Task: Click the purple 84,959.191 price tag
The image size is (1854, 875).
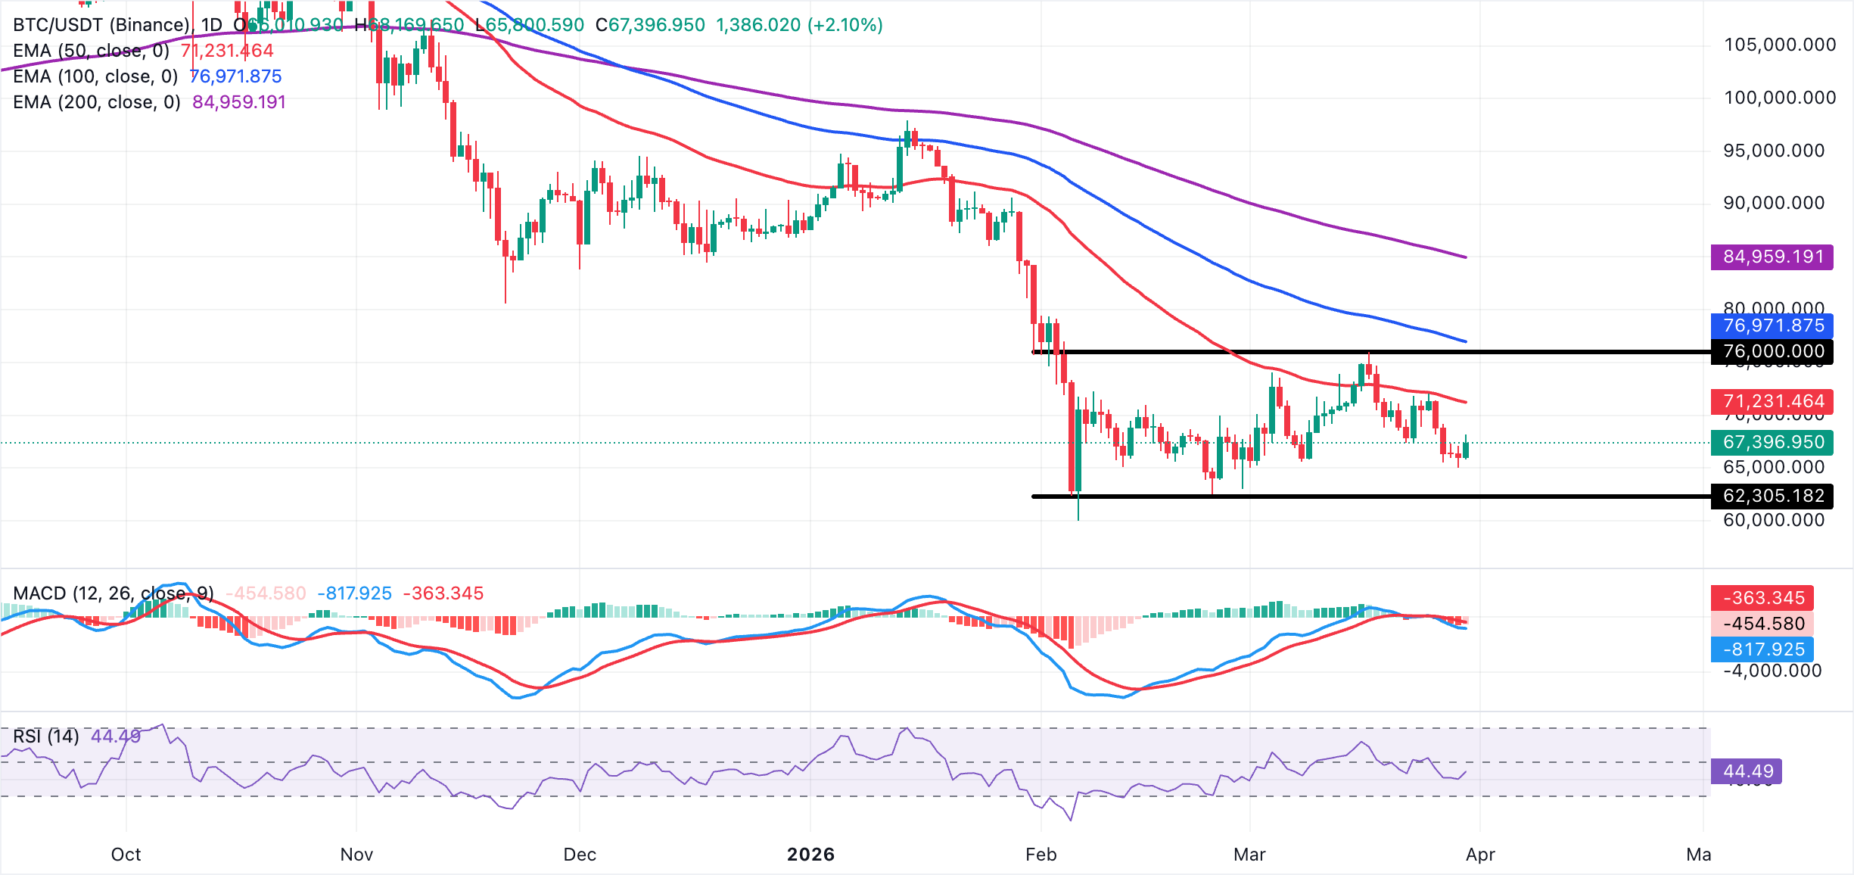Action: [1772, 257]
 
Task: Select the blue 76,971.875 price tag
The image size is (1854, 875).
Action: [1772, 326]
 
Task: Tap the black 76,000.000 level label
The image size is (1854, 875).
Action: [1772, 352]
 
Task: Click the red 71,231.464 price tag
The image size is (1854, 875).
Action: [1772, 401]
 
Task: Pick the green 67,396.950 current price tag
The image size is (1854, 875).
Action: [1772, 442]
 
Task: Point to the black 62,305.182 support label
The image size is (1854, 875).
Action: [1772, 497]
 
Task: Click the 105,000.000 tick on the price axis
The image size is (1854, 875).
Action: [1779, 45]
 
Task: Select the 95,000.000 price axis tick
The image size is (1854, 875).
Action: [1773, 151]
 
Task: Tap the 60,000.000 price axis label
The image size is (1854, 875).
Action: [1773, 521]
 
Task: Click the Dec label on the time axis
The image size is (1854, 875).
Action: [580, 855]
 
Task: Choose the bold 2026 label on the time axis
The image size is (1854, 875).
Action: [810, 855]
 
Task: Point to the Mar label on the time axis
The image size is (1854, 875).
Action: [1249, 855]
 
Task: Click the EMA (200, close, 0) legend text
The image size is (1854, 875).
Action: [97, 102]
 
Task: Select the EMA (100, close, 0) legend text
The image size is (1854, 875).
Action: [95, 76]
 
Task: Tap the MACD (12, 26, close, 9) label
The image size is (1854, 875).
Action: [114, 593]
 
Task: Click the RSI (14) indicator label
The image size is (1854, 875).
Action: [46, 736]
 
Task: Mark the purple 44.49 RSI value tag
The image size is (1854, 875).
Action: [1747, 771]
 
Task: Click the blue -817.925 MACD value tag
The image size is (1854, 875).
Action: [1762, 649]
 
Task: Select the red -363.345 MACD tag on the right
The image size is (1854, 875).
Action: [1762, 598]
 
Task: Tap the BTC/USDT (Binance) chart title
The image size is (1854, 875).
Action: [101, 25]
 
